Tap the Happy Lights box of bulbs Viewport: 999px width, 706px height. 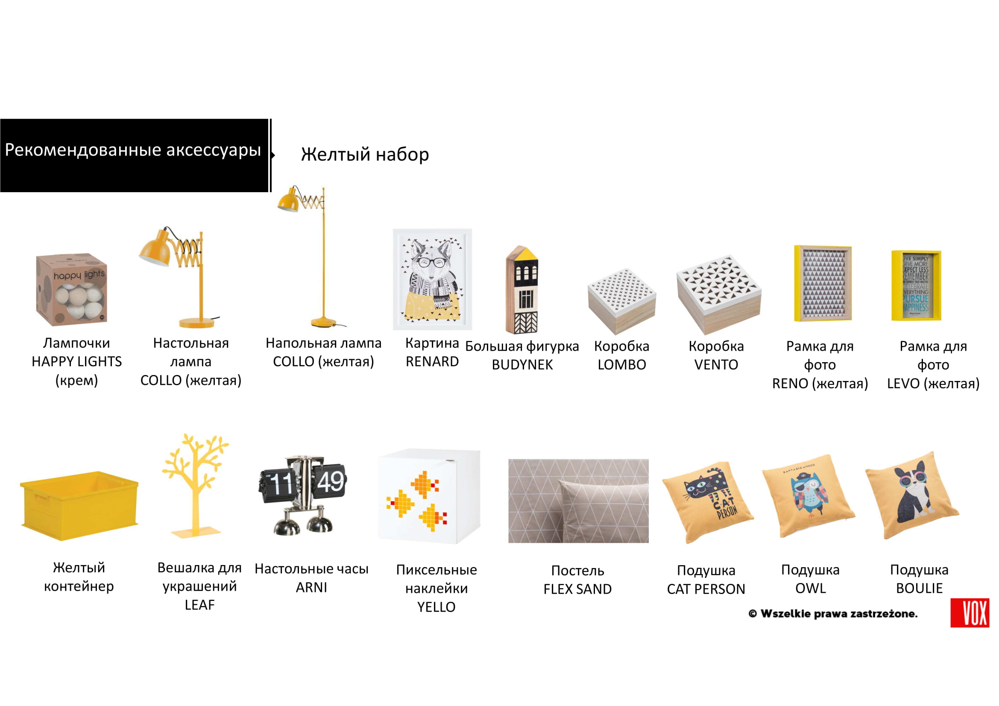pyautogui.click(x=72, y=289)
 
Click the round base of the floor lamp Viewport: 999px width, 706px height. pyautogui.click(x=323, y=322)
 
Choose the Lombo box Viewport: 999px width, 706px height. pyautogui.click(x=621, y=301)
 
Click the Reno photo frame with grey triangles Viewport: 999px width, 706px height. pyautogui.click(x=823, y=284)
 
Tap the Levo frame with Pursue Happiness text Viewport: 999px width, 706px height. pyautogui.click(x=916, y=286)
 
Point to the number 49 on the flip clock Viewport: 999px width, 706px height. pyautogui.click(x=330, y=482)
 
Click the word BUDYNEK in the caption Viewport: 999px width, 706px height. pyautogui.click(x=522, y=364)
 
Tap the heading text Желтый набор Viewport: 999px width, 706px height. pyautogui.click(x=365, y=155)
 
